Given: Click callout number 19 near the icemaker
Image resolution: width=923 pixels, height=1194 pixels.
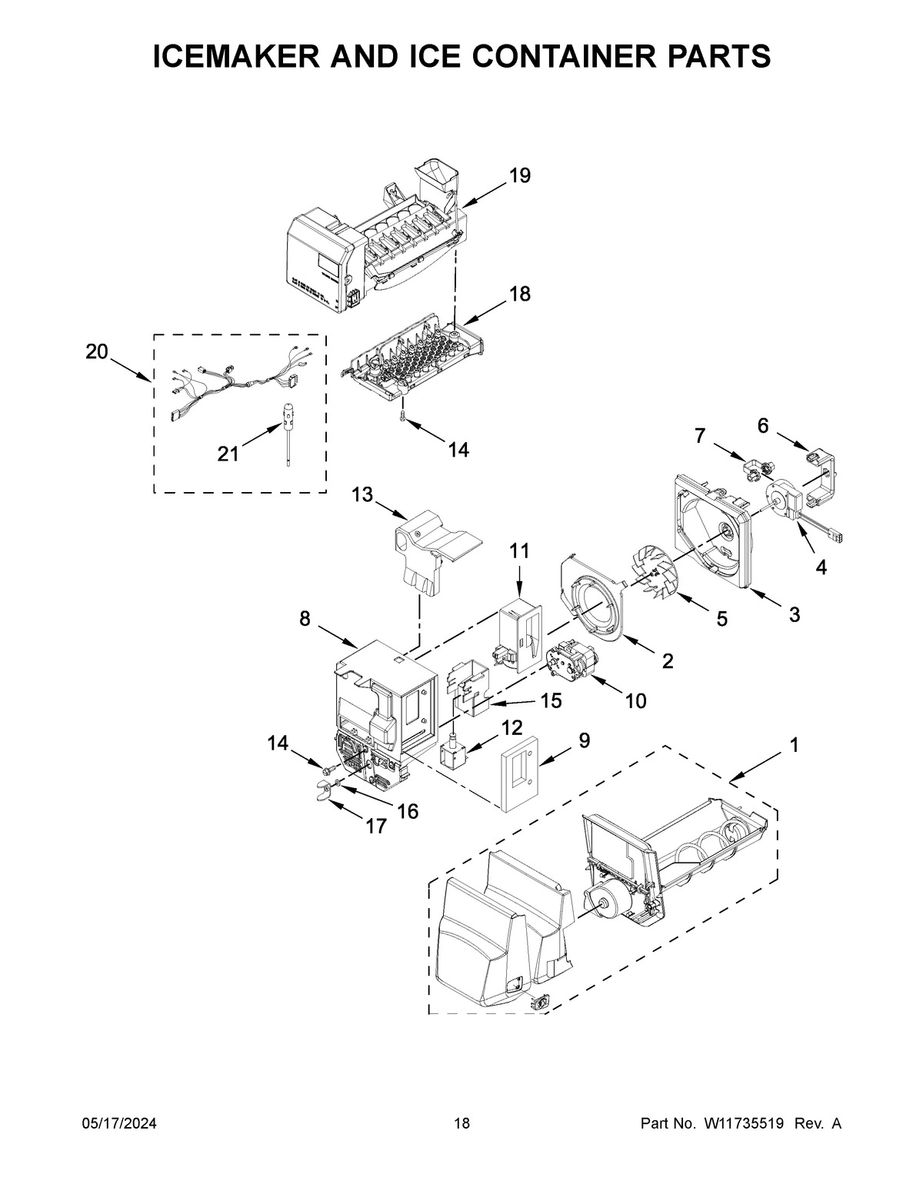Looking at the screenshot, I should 520,176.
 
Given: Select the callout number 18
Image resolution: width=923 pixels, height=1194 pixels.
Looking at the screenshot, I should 520,294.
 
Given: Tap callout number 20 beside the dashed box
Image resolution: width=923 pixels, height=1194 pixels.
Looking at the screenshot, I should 97,351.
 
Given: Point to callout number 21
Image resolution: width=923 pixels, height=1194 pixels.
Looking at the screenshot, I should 228,454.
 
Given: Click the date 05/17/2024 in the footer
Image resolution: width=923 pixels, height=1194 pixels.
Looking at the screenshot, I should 119,1124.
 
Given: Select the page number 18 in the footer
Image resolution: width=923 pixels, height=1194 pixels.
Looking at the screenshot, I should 461,1124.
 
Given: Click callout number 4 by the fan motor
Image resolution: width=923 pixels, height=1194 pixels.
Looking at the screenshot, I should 821,567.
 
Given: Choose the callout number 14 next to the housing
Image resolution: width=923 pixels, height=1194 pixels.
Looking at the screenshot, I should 278,743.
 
